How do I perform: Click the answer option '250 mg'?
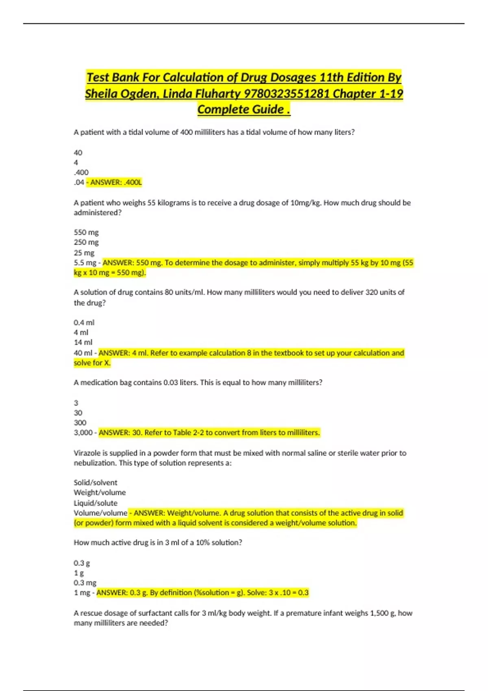(86, 242)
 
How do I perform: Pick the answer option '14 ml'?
(83, 342)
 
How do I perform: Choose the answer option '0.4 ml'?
(84, 323)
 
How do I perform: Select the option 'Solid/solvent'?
(95, 482)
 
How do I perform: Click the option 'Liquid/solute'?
(95, 503)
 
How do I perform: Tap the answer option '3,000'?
(83, 432)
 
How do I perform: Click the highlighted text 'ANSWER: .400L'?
(116, 183)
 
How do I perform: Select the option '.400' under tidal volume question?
(81, 172)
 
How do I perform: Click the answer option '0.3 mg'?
(85, 583)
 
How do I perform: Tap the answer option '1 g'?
(78, 573)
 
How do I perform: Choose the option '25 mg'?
(84, 252)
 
